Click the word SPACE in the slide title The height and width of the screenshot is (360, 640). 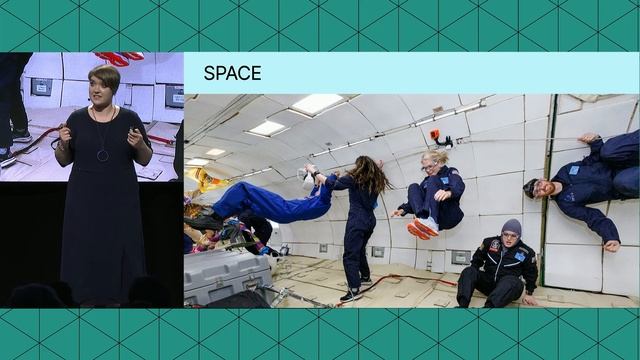pyautogui.click(x=232, y=73)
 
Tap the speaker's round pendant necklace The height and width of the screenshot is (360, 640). pyautogui.click(x=103, y=154)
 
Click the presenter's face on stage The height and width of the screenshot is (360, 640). pyautogui.click(x=104, y=86)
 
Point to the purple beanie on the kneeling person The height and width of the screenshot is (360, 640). pyautogui.click(x=512, y=227)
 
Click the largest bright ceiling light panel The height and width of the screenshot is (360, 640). pyautogui.click(x=316, y=104)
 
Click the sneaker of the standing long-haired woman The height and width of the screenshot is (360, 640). pyautogui.click(x=349, y=295)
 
